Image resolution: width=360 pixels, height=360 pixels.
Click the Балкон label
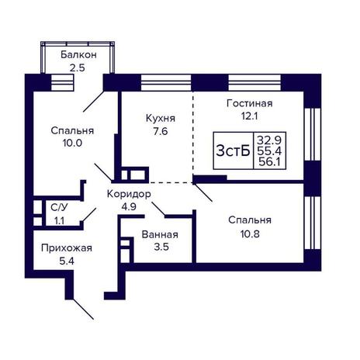pyautogui.click(x=78, y=55)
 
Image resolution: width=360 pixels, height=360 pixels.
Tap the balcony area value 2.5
pyautogui.click(x=77, y=68)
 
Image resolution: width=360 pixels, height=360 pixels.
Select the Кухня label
pyautogui.click(x=161, y=119)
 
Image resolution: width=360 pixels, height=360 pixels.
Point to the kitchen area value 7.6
pyautogui.click(x=161, y=131)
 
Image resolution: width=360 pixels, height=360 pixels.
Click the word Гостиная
pyautogui.click(x=250, y=103)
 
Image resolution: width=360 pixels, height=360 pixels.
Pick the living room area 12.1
pyautogui.click(x=250, y=116)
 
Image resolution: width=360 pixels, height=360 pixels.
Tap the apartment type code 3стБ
pyautogui.click(x=233, y=151)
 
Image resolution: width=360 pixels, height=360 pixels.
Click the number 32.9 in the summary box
pyautogui.click(x=269, y=140)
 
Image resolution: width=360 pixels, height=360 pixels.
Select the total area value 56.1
pyautogui.click(x=270, y=162)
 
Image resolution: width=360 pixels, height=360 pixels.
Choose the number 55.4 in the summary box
pyautogui.click(x=269, y=151)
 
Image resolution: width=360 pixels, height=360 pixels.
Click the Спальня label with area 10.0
pyautogui.click(x=72, y=130)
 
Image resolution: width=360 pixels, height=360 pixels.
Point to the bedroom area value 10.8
pyautogui.click(x=250, y=234)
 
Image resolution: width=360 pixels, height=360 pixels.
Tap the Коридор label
pyautogui.click(x=129, y=194)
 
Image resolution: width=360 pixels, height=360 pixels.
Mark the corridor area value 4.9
pyautogui.click(x=129, y=207)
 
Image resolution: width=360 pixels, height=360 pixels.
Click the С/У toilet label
pyautogui.click(x=59, y=207)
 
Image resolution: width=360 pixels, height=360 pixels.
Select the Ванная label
pyautogui.click(x=160, y=234)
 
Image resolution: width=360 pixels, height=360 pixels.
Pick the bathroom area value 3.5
pyautogui.click(x=161, y=247)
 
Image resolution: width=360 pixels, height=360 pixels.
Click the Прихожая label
pyautogui.click(x=67, y=248)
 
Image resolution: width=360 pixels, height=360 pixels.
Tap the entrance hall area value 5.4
pyautogui.click(x=67, y=261)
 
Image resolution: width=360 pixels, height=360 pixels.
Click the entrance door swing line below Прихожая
pyautogui.click(x=83, y=309)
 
